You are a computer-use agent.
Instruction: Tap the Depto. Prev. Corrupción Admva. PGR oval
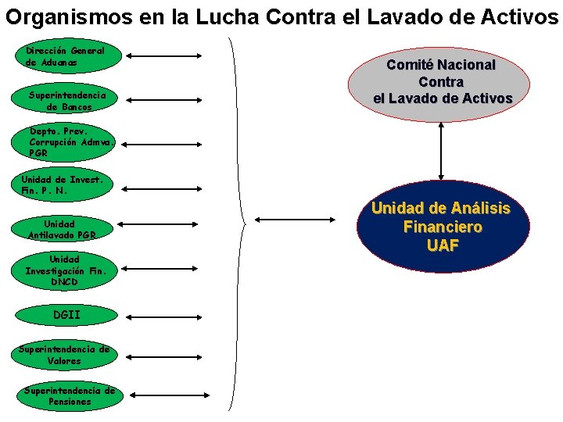pos(70,143)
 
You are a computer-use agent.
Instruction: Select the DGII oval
pos(67,316)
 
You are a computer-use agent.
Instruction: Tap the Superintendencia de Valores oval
pos(66,356)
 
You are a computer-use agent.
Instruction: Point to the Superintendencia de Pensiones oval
pos(70,396)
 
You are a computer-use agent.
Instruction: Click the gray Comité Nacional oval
pos(442,81)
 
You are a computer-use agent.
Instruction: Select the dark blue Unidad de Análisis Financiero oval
pos(442,227)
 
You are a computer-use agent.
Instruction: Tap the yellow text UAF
pos(442,245)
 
